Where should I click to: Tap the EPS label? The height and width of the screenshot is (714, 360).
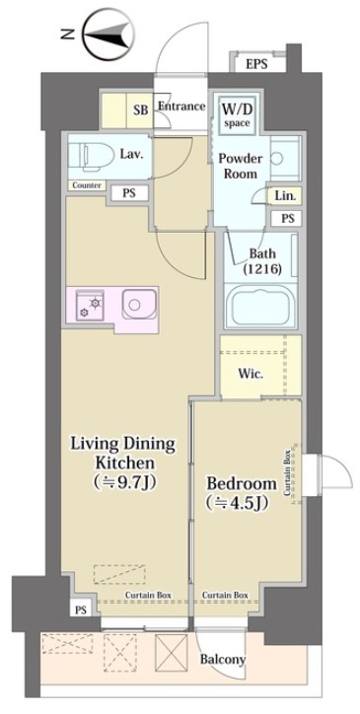(256, 64)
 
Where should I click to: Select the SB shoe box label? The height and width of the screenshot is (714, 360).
(141, 110)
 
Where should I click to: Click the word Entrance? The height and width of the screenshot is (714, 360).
(181, 107)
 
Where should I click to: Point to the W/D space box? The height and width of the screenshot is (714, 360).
(237, 114)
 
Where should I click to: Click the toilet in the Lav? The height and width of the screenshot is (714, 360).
(91, 156)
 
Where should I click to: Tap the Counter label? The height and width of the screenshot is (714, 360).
(87, 185)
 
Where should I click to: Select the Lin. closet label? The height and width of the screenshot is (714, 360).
(286, 196)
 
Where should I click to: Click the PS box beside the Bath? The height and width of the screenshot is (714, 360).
(287, 218)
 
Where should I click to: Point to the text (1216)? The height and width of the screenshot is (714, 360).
(262, 268)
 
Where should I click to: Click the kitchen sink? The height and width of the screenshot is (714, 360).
(139, 304)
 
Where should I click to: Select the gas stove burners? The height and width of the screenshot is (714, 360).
(90, 305)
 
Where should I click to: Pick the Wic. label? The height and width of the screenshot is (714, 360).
(251, 375)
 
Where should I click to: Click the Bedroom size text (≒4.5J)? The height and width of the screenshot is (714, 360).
(236, 503)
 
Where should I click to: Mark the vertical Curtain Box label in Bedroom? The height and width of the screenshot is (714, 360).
(287, 473)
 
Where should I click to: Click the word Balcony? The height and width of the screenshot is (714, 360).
(223, 659)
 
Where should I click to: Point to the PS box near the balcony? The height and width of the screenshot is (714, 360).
(81, 610)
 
